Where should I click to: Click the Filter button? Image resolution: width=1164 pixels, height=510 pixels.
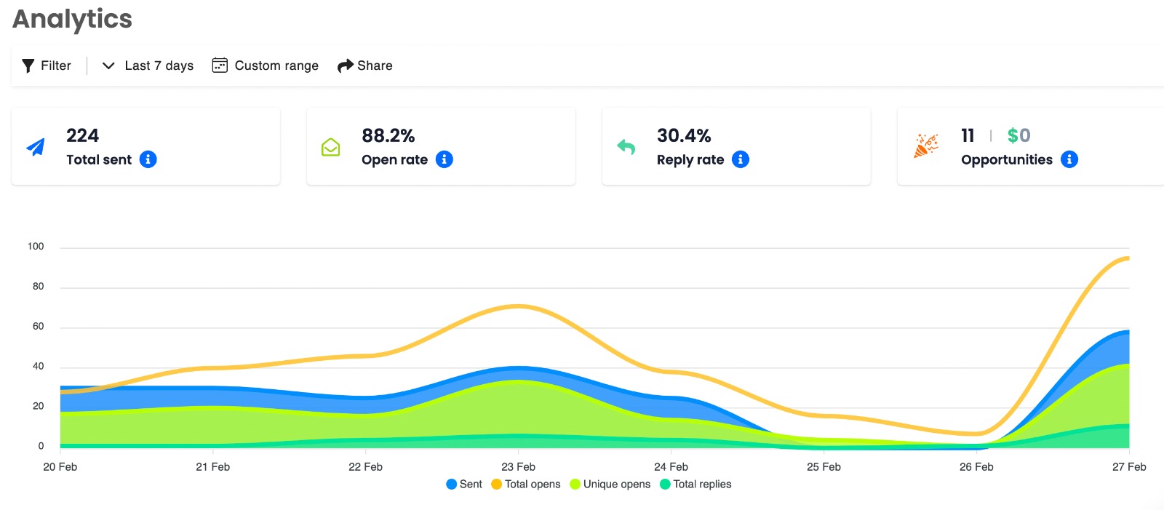tap(47, 65)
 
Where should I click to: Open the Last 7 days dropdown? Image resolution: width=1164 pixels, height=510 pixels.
tap(148, 65)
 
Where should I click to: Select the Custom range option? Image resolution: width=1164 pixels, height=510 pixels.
tap(265, 65)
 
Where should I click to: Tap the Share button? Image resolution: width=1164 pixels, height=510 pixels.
tap(364, 65)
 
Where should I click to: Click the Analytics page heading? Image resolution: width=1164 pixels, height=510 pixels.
tap(72, 19)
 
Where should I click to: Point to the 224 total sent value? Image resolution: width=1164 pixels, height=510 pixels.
tap(82, 136)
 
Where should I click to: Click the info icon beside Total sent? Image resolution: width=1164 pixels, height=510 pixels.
tap(148, 159)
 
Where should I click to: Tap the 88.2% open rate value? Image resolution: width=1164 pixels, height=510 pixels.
tap(388, 136)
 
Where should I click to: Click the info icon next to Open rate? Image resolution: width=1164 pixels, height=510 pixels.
tap(445, 159)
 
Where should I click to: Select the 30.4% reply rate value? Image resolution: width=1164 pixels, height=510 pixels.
tap(684, 136)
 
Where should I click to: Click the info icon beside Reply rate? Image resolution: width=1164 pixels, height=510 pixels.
tap(741, 159)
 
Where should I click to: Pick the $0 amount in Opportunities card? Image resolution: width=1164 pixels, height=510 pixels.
tap(1018, 136)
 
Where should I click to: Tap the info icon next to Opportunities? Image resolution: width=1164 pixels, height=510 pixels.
tap(1069, 159)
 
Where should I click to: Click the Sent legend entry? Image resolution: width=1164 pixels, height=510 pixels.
tap(464, 484)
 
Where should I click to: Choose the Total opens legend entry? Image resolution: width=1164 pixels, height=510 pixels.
tap(526, 484)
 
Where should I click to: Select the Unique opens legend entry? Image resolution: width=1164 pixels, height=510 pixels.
tap(610, 484)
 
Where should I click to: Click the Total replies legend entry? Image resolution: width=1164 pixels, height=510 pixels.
tap(695, 484)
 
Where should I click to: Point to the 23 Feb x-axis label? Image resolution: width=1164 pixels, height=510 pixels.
tap(518, 467)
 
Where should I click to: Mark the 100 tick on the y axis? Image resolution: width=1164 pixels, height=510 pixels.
tap(36, 247)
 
